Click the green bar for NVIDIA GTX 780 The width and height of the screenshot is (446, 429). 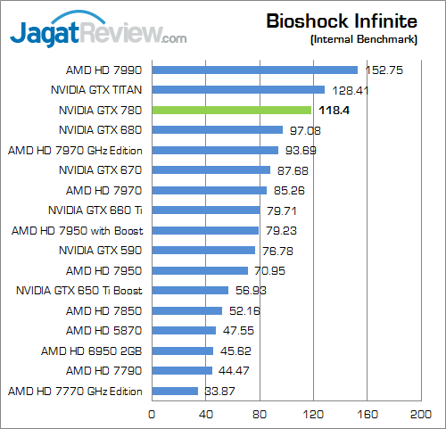[x=232, y=110]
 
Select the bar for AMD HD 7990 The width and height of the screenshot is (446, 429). [x=255, y=70]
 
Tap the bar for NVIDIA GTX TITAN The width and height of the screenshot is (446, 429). [x=238, y=89]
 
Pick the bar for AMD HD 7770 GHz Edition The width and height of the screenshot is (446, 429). [x=175, y=391]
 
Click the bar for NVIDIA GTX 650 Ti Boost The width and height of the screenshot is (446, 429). [x=190, y=290]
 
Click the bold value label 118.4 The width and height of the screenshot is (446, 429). [x=333, y=110]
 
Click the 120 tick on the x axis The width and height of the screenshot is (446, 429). [x=313, y=415]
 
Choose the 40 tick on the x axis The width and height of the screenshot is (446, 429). [x=205, y=415]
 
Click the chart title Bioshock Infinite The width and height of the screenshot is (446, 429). [x=342, y=21]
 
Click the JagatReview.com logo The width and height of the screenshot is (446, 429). [x=98, y=33]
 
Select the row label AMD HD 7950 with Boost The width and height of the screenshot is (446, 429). [x=76, y=230]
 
